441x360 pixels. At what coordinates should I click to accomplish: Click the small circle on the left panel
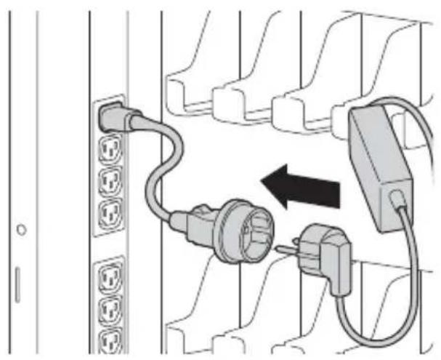tap(23, 230)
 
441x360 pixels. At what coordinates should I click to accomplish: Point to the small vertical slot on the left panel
tap(18, 284)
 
